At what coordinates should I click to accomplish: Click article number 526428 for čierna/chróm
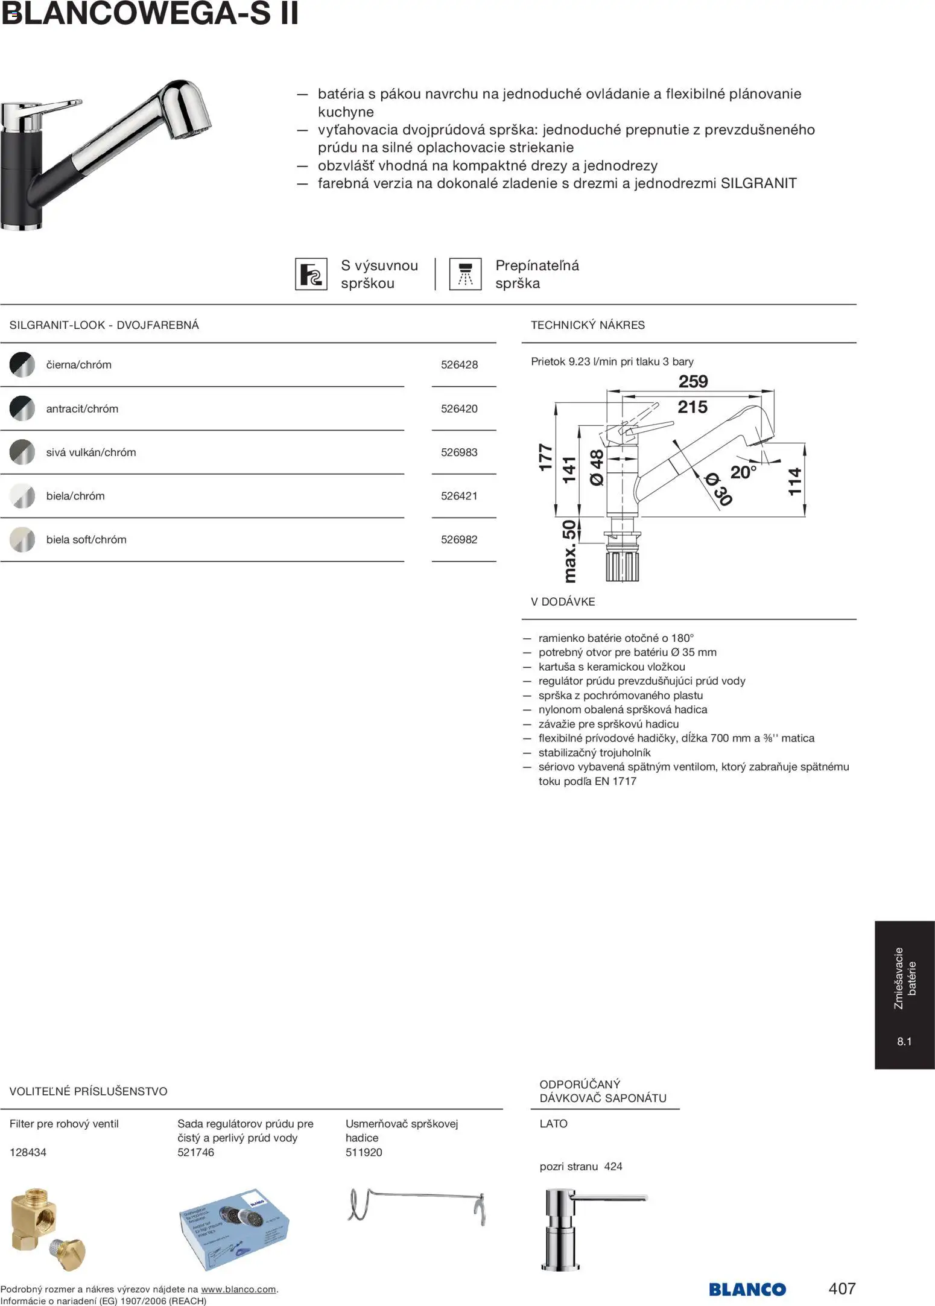click(x=459, y=364)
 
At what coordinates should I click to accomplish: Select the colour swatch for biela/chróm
click(x=22, y=496)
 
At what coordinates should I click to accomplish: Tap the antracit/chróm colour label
click(x=82, y=408)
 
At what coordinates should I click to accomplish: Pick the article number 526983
click(x=459, y=452)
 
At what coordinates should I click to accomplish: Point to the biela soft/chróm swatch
click(x=22, y=539)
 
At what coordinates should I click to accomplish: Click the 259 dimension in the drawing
click(x=693, y=381)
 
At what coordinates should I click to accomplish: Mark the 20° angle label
click(x=743, y=472)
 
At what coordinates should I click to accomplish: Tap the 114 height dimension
click(x=795, y=481)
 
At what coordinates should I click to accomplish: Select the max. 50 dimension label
click(x=569, y=551)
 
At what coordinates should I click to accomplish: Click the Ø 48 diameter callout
click(x=597, y=468)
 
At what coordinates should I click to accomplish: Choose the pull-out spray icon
click(x=311, y=274)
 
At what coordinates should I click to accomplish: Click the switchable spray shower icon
click(x=465, y=274)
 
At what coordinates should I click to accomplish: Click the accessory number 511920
click(x=364, y=1152)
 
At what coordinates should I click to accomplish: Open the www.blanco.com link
click(x=238, y=1289)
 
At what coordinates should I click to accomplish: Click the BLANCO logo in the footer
click(x=747, y=1289)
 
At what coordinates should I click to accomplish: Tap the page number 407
click(x=842, y=1289)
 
